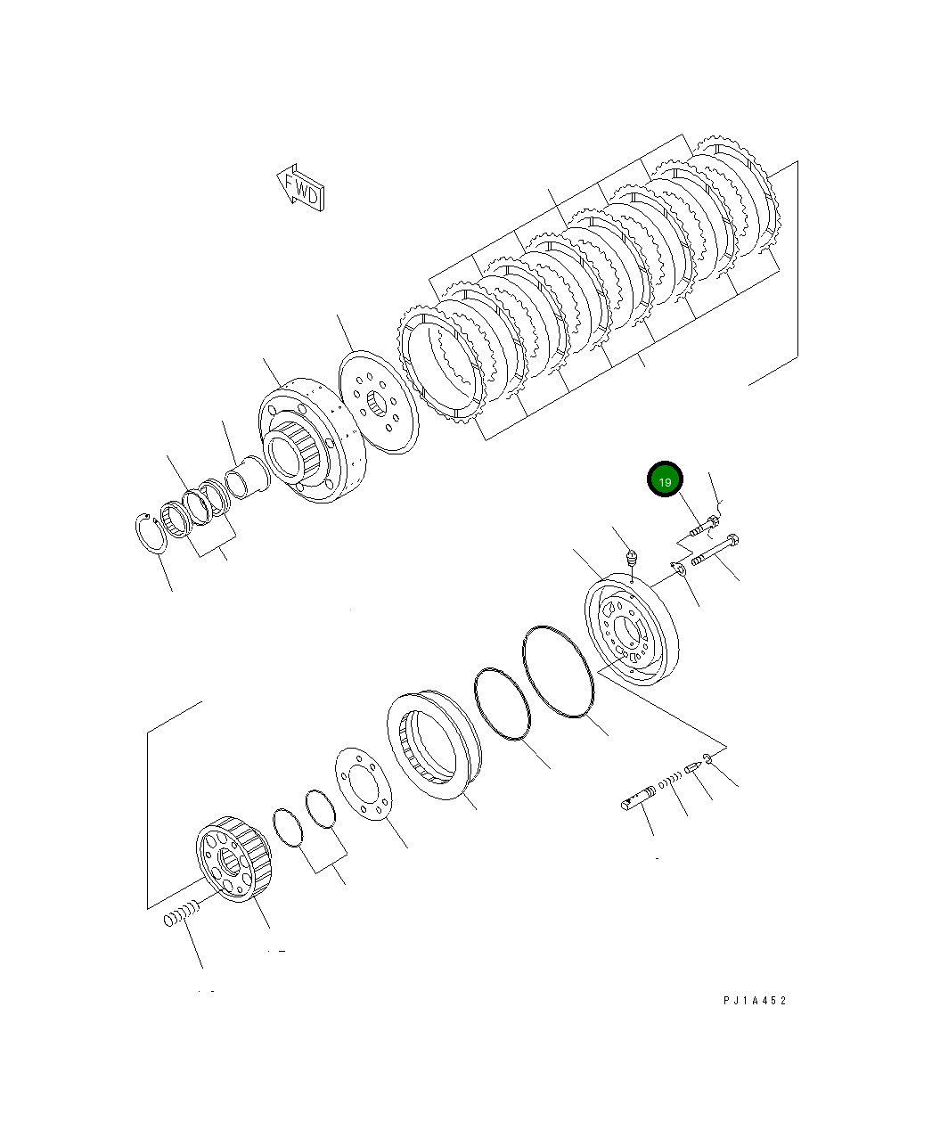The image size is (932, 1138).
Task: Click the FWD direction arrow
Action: [x=300, y=187]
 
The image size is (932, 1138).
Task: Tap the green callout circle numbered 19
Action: [x=665, y=480]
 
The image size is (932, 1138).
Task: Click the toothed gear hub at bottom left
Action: [x=233, y=856]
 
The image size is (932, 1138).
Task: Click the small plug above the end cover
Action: [x=632, y=560]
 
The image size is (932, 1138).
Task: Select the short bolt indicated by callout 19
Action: [x=703, y=528]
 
